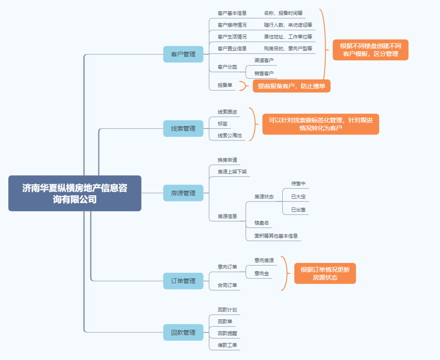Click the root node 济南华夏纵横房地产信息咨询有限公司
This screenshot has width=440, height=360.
(x=75, y=193)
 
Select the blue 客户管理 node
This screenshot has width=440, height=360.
(x=183, y=54)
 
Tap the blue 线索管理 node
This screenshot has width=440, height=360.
(x=183, y=128)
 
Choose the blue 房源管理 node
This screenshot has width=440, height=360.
(x=183, y=193)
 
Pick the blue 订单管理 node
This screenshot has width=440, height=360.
(x=183, y=281)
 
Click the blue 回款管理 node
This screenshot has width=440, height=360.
(x=183, y=332)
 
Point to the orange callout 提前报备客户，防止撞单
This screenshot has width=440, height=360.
(x=291, y=86)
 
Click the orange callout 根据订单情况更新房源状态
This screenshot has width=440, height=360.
(x=325, y=273)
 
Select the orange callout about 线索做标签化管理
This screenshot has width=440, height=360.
(x=321, y=124)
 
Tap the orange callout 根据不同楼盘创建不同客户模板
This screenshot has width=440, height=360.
(x=371, y=50)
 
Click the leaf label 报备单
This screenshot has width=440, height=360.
(x=225, y=85)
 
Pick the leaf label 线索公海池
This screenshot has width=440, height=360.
(x=229, y=135)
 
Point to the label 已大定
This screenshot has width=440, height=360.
(x=298, y=197)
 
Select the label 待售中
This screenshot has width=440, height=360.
(x=298, y=183)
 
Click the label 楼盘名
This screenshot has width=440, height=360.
(x=262, y=223)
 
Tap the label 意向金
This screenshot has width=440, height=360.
(x=262, y=273)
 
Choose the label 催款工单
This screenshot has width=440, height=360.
(x=227, y=345)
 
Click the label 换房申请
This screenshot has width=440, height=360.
(x=227, y=160)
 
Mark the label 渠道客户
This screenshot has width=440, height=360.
(x=264, y=60)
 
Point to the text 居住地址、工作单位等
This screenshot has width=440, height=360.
(x=288, y=37)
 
